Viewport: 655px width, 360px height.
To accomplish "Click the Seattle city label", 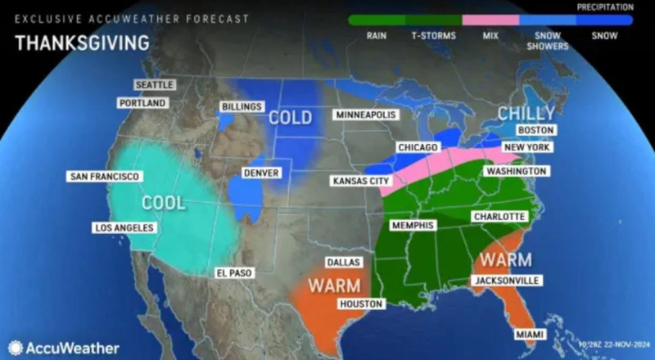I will click(154, 85).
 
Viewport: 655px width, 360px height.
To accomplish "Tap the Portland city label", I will click(143, 103).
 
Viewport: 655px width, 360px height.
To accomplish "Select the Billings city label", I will click(242, 106).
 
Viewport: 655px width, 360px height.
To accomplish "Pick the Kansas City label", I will click(359, 180).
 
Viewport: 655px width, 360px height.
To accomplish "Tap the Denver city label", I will click(262, 173).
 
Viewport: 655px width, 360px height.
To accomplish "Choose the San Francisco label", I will click(106, 177).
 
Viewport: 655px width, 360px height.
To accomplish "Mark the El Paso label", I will click(233, 272).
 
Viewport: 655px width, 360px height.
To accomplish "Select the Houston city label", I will click(361, 304).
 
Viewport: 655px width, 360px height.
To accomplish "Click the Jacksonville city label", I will click(506, 281).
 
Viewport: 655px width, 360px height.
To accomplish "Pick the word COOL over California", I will click(164, 201).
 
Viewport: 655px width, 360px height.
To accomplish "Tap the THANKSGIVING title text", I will click(80, 42).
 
